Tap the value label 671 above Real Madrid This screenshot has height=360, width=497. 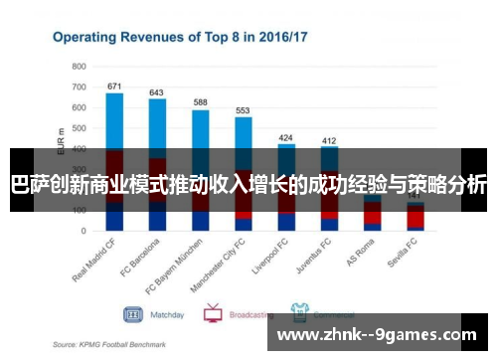(114, 87)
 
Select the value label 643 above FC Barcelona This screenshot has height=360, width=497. (156, 92)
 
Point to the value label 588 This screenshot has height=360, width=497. (200, 102)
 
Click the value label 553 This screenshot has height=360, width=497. (243, 110)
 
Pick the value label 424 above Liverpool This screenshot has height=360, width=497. (286, 138)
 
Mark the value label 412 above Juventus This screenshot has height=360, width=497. (329, 140)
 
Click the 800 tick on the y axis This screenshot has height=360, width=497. (80, 66)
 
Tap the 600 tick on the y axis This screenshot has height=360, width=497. (80, 106)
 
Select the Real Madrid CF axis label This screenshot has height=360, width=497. (97, 265)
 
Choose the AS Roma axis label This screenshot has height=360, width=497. (361, 257)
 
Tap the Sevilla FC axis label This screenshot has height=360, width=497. (403, 259)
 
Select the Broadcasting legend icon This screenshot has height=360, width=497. (212, 314)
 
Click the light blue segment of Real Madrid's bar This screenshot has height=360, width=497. (114, 119)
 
